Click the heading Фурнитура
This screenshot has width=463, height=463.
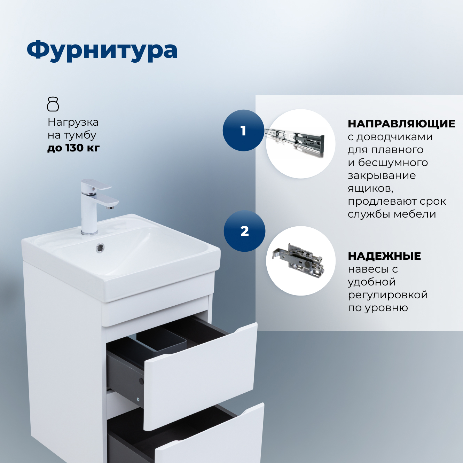pos(102,50)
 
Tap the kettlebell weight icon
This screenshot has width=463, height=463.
pos(53,104)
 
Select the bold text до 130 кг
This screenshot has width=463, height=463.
pos(73,148)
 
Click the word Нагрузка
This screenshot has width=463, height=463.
pos(73,122)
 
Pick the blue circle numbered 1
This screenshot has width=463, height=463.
pos(243,131)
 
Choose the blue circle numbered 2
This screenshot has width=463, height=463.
pos(244,231)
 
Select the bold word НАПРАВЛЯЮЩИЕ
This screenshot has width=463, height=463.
pos(401,124)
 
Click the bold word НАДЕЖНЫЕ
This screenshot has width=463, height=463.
pos(384,256)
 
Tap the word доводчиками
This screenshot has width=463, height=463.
pos(394,137)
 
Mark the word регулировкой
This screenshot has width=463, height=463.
pos(388,295)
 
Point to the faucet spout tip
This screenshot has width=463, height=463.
pos(110,207)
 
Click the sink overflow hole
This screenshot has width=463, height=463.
pos(100,248)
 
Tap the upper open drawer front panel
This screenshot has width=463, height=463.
pos(200,376)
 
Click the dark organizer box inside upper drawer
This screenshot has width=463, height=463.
pos(162,341)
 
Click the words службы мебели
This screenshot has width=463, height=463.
pos(392,214)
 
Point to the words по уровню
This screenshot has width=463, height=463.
pos(378,308)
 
